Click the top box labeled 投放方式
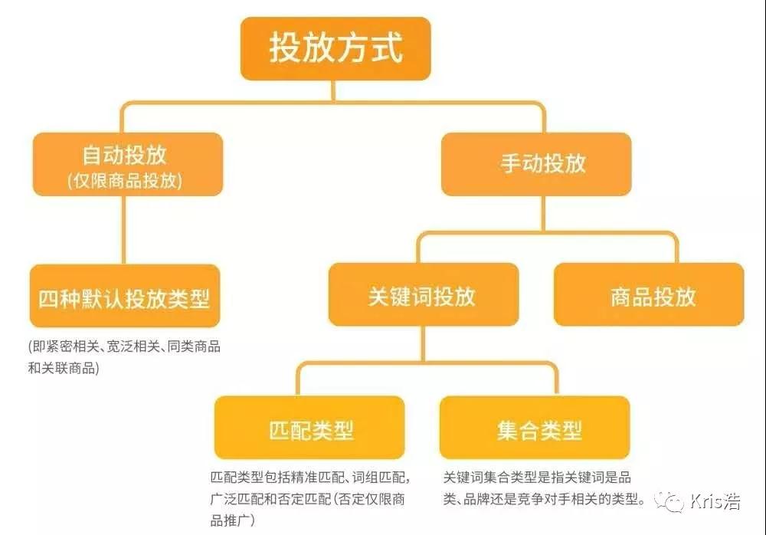pos(336,48)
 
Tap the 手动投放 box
pos(536,163)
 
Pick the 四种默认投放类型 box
pos(124,297)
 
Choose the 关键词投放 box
pos(422,296)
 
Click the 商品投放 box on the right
pos(648,296)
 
